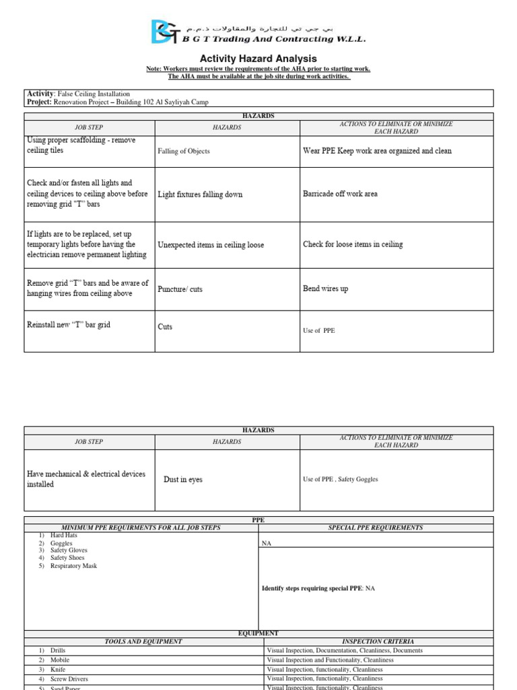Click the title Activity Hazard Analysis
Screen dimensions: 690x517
(258, 59)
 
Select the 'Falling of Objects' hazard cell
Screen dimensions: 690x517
(183, 152)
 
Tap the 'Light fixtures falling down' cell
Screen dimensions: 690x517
(200, 195)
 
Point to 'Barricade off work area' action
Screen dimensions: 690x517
(340, 194)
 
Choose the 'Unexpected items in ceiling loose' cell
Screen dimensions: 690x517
(211, 245)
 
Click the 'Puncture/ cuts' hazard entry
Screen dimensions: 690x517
(180, 289)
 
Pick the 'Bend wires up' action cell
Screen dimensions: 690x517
(326, 289)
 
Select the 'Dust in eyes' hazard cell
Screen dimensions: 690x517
(182, 480)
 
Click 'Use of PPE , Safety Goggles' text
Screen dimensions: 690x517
(341, 480)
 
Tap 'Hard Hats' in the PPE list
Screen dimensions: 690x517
(64, 536)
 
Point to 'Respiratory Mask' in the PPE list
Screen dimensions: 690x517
(73, 566)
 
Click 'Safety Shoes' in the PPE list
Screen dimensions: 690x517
(67, 559)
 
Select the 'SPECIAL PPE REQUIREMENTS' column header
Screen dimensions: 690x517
(376, 528)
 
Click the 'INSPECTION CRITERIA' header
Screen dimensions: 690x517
(378, 641)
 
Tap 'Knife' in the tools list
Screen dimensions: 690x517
(59, 670)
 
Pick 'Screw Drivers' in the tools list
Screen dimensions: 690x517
(69, 679)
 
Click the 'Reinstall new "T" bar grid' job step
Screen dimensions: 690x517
(69, 325)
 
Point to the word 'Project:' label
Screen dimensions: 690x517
(39, 102)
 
